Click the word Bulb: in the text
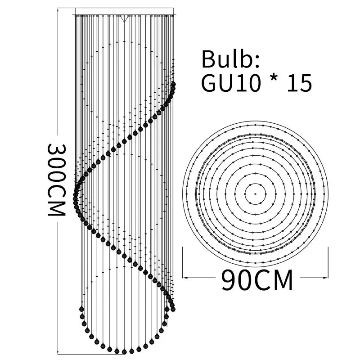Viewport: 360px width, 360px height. coord(230,59)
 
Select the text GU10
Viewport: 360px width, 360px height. coord(231,83)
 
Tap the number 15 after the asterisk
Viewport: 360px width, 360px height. coord(300,83)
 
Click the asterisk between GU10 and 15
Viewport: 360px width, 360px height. coord(274,79)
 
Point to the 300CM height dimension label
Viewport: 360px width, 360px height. coord(57,180)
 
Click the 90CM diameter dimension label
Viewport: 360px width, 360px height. coord(257,280)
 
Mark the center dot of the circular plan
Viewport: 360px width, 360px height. coord(255,194)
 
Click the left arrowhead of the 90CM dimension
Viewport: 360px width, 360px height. coord(185,278)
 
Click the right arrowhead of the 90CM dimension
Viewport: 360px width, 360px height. coord(325,278)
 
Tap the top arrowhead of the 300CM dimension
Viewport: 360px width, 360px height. coord(58,9)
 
